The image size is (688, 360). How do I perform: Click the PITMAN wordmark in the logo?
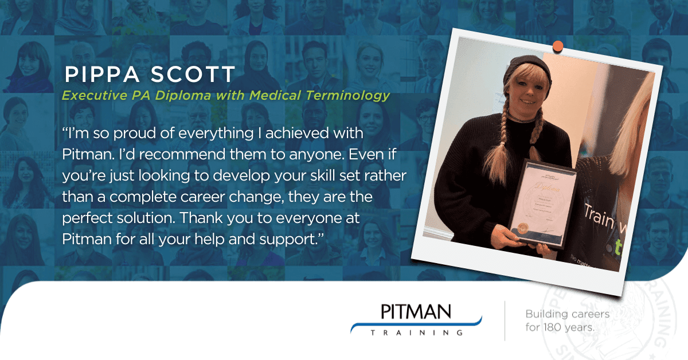[x=416, y=312]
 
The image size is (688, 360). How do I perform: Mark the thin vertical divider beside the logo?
[x=505, y=321]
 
